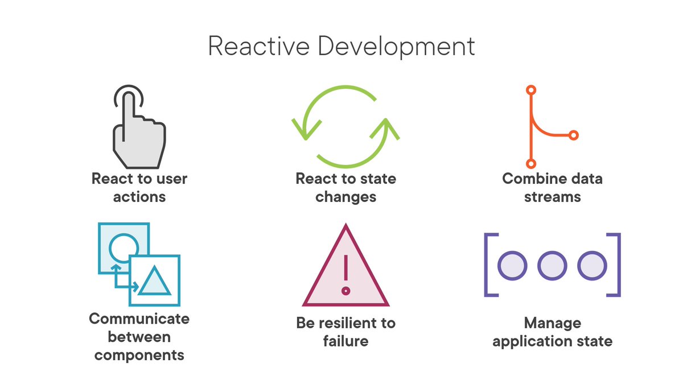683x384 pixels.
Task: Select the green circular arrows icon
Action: coord(345,126)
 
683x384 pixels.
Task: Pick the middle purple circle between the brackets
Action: coord(552,265)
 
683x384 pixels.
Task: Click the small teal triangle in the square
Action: coord(154,281)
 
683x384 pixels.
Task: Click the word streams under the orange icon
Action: coord(552,197)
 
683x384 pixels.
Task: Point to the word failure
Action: coord(345,341)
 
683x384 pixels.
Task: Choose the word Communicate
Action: coord(139,318)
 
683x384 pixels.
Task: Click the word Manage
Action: coord(552,323)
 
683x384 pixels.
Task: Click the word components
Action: coord(139,356)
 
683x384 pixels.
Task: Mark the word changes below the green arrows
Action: coord(345,197)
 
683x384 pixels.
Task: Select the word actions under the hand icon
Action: coord(139,197)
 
